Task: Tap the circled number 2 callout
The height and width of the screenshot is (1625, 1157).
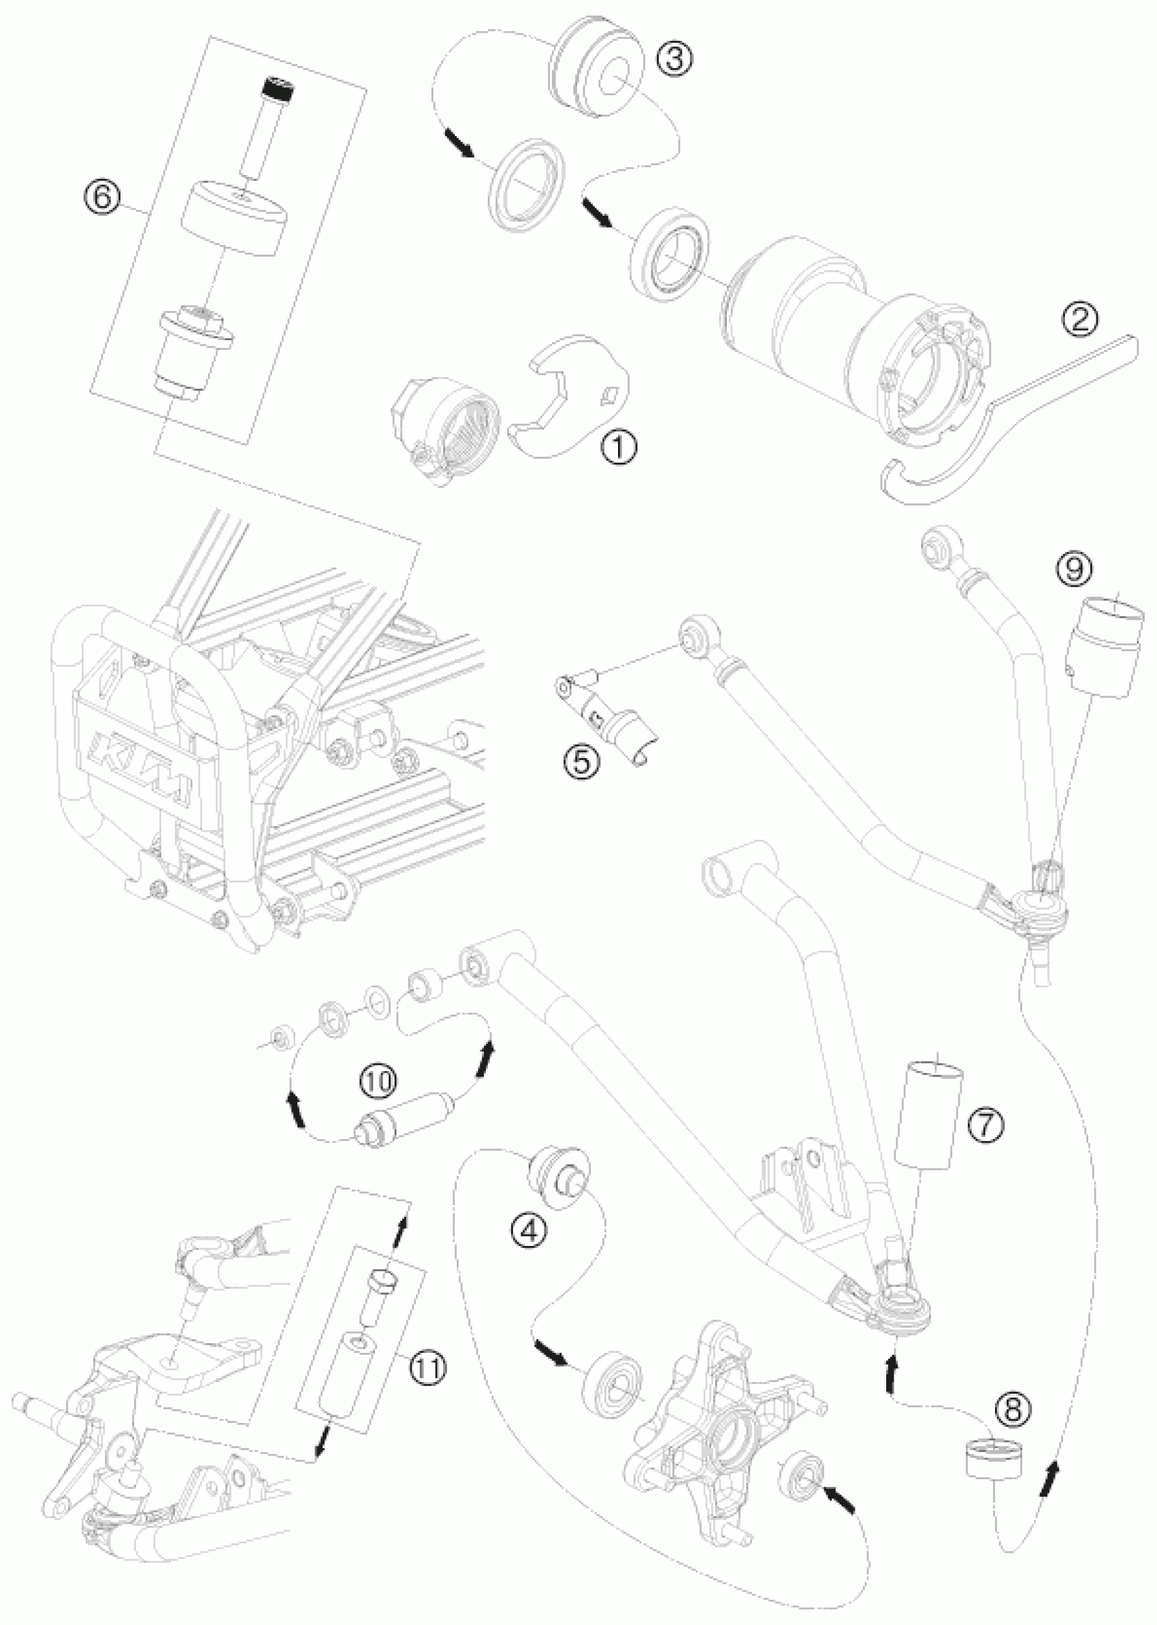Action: [x=1080, y=320]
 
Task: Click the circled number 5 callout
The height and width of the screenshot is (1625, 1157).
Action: [x=582, y=762]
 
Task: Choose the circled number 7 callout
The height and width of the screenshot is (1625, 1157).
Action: [x=987, y=1124]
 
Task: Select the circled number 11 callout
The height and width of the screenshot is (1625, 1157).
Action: [x=429, y=1366]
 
